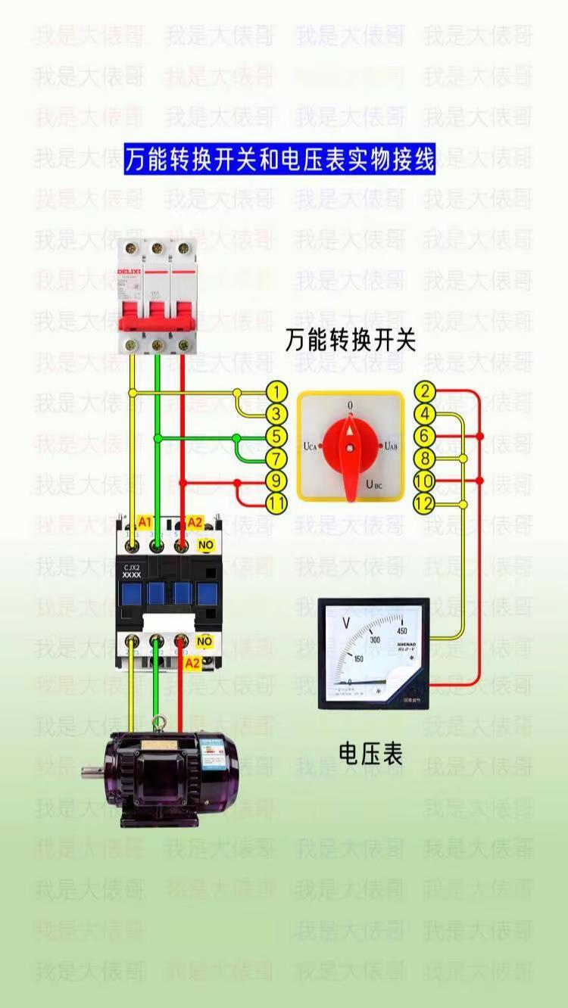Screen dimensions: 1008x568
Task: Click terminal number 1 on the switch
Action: coord(278,392)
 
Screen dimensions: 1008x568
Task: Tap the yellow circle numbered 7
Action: coord(278,459)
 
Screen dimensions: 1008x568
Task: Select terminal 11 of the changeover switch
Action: coord(278,503)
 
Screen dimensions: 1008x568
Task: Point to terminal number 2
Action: coord(425,392)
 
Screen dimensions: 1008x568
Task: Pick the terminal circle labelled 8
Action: coord(425,459)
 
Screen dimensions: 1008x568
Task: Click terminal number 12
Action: coord(425,503)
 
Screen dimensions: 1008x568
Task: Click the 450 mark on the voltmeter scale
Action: coord(402,632)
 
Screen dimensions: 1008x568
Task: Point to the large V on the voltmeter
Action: coord(346,623)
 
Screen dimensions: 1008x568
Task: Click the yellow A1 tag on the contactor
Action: coord(144,522)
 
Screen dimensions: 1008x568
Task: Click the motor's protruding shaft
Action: coord(92,772)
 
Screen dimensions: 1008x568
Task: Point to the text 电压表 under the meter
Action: coord(370,754)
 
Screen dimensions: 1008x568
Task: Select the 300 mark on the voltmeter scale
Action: coord(374,639)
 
